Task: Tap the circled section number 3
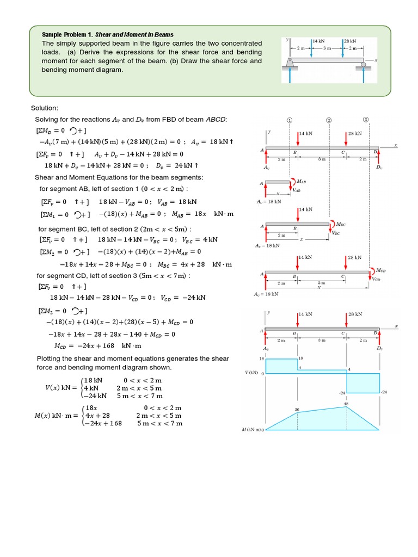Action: coord(366,120)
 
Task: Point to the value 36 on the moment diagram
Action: coord(297,409)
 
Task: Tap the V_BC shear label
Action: coord(336,233)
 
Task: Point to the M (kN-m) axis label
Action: coord(253,430)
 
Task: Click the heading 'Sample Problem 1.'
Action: coord(67,35)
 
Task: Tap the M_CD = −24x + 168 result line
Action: coord(97,345)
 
